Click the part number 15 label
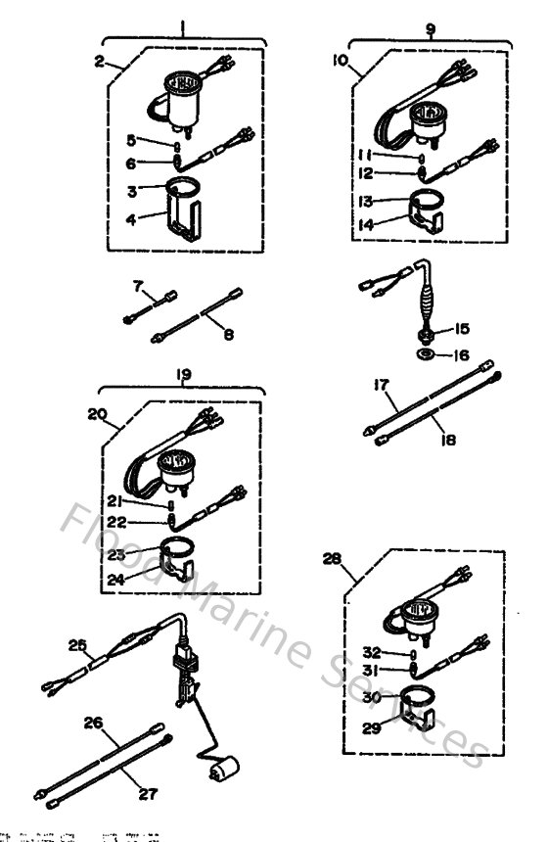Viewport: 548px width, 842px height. tap(461, 328)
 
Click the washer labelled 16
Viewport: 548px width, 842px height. tap(428, 353)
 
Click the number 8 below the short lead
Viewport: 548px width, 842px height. tap(228, 336)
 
